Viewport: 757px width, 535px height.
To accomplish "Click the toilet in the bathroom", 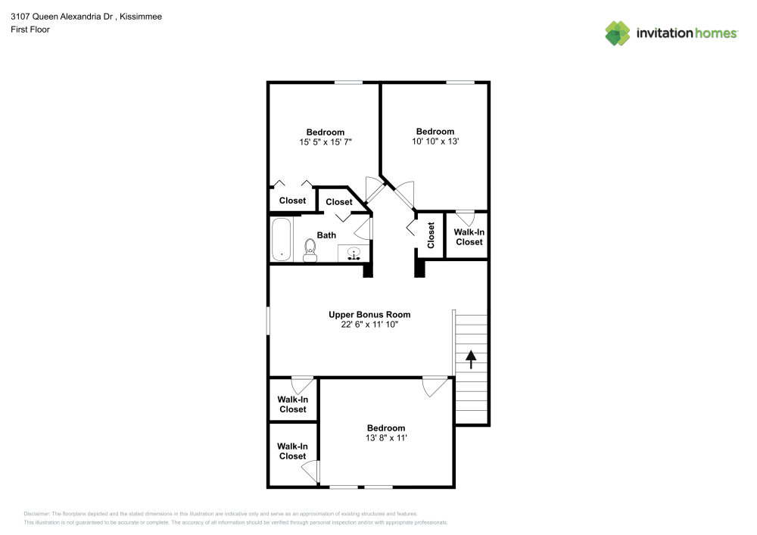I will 310,250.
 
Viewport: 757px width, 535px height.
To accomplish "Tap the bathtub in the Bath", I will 281,239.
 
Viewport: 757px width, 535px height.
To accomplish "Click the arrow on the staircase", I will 471,359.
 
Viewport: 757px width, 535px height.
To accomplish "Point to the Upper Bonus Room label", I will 369,314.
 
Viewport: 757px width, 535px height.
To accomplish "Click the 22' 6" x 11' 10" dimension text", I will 369,324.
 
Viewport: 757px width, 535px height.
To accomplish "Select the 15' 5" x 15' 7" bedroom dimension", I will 326,142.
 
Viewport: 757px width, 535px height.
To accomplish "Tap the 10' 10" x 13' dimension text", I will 435,141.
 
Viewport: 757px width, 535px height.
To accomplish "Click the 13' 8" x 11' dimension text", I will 386,437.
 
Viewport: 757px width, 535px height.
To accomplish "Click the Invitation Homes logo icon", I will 618,33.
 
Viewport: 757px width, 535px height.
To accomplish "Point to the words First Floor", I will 30,30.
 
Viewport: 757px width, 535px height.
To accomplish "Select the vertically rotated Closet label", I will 431,235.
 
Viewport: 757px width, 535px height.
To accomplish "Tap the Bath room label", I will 326,235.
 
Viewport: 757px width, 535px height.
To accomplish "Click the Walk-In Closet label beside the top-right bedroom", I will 469,237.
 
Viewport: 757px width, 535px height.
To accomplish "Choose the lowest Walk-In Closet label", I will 292,451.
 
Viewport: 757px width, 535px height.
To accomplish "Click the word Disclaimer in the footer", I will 36,514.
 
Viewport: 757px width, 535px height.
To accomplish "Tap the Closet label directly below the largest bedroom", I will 292,201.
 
